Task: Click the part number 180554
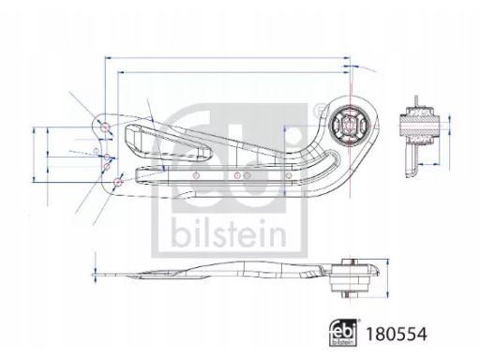397,334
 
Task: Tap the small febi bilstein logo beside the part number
343,333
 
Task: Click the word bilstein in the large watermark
229,232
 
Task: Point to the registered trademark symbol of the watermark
319,110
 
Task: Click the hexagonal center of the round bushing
350,125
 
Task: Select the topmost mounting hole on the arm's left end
105,127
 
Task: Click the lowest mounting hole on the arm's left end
118,182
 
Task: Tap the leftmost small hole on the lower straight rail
196,175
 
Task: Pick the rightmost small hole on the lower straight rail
289,175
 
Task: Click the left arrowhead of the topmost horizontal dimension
108,58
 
